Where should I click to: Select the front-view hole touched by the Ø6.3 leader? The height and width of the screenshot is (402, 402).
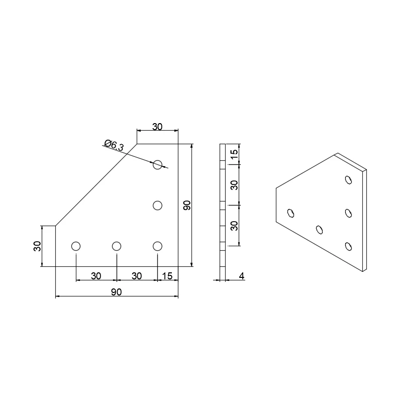coord(158,164)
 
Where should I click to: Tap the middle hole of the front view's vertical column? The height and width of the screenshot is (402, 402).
coord(158,205)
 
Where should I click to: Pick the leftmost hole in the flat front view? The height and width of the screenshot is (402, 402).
coord(76,246)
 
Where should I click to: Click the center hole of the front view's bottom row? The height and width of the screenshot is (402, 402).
coord(117,246)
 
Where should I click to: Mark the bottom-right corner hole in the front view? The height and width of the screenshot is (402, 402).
coord(158,246)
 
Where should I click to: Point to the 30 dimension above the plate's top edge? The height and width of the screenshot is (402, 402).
coord(157,127)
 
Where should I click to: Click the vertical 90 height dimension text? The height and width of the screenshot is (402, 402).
coord(186,205)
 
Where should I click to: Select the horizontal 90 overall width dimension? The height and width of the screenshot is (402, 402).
coord(117,292)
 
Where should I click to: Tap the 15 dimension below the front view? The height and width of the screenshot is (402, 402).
coord(168,275)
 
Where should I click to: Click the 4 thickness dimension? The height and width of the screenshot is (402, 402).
coord(242,275)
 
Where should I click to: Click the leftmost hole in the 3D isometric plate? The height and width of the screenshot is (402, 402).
coord(290,213)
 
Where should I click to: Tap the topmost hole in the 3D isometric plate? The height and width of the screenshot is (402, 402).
coord(348,179)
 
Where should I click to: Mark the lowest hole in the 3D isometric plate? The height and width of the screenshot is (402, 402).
coord(348,246)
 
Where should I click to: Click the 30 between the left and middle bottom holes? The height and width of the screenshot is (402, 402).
coord(96,275)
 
